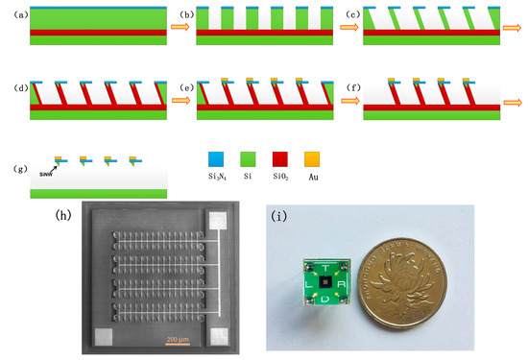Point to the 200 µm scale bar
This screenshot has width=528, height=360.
(x=192, y=331)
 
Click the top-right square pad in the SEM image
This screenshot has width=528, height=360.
(x=219, y=223)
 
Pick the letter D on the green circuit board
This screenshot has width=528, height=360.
(x=329, y=301)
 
